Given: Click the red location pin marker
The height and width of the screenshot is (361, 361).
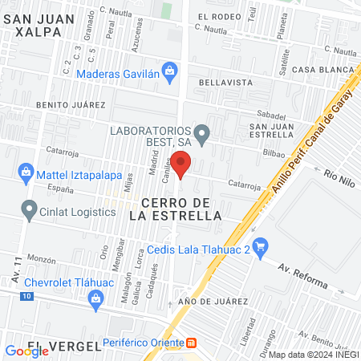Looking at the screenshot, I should [x=181, y=165].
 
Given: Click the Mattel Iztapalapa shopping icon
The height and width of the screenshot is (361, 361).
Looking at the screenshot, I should [x=26, y=172].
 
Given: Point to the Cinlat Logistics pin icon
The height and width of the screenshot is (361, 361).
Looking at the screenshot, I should [x=30, y=211].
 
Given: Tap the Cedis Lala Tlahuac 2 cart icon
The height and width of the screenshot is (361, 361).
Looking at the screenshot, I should [x=259, y=245].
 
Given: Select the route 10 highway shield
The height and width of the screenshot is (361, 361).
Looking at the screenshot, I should [x=27, y=297].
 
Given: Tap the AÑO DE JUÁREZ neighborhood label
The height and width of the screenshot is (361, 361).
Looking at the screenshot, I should [x=209, y=302].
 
